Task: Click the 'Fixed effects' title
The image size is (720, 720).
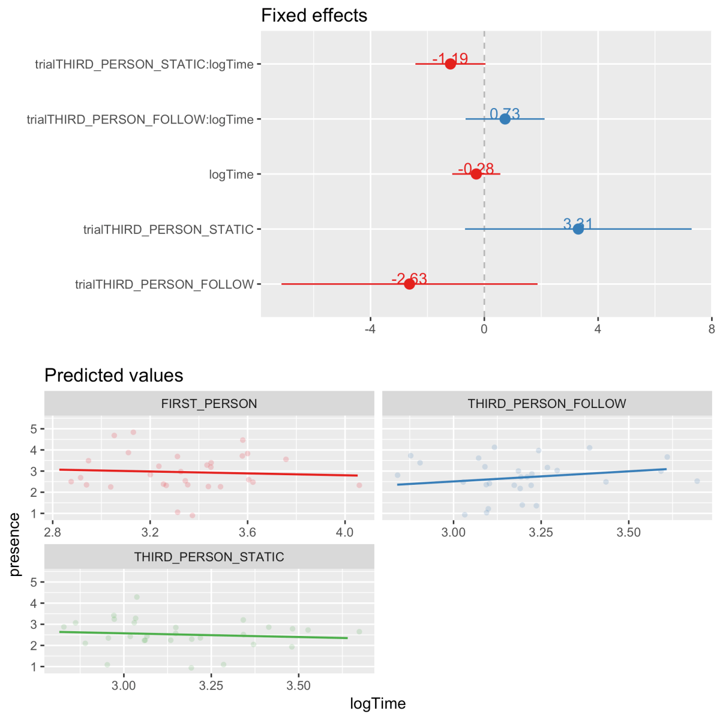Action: click(314, 15)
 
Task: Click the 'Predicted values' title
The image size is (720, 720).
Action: click(113, 376)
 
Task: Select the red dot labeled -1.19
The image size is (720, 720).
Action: click(450, 64)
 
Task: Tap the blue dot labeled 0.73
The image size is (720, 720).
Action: click(505, 119)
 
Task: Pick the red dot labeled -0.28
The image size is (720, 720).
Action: click(476, 174)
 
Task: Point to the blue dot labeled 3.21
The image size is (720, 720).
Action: click(578, 229)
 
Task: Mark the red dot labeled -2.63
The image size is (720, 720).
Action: click(409, 284)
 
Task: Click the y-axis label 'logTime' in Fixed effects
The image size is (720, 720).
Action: click(231, 175)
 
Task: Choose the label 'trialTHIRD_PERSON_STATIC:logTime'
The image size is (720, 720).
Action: click(144, 64)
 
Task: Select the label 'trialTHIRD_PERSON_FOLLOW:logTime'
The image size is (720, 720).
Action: click(140, 119)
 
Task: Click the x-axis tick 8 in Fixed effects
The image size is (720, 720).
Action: click(712, 329)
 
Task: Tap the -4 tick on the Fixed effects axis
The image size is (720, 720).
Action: click(370, 329)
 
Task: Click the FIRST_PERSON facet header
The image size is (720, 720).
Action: click(209, 404)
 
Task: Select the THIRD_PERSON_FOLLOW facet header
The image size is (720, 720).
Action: click(547, 404)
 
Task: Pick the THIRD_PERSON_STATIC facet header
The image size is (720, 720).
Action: click(209, 557)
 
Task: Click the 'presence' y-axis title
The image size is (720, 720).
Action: click(15, 544)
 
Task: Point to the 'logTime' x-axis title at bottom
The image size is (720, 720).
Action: click(377, 704)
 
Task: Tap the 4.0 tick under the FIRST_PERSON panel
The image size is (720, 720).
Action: click(344, 532)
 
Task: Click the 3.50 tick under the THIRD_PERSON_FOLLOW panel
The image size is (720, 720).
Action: click(628, 532)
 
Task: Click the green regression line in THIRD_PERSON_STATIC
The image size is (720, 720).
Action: click(204, 635)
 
